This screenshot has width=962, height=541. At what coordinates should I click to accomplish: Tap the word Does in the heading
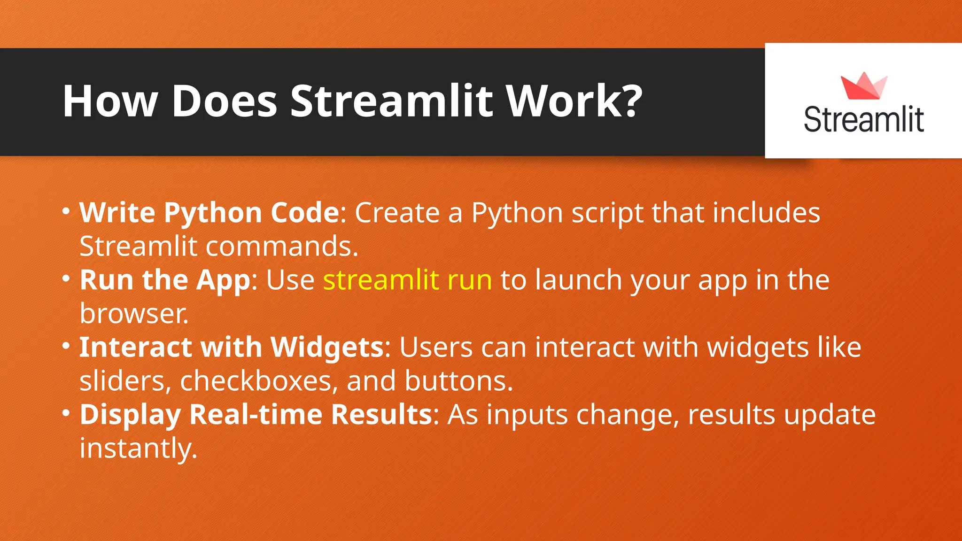[225, 101]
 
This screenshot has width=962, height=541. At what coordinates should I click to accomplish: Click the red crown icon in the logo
[864, 86]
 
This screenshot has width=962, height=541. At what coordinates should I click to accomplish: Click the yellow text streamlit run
[407, 280]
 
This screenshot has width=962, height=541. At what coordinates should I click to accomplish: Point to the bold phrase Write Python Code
[209, 213]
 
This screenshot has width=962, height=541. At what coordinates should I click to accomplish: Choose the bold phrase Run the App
[165, 280]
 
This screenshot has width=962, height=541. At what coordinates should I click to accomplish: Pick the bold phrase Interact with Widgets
[232, 348]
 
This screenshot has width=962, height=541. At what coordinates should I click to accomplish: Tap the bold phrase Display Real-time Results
[256, 415]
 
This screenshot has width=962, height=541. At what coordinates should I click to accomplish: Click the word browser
[134, 314]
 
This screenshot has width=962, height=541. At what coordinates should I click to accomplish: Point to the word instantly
[138, 448]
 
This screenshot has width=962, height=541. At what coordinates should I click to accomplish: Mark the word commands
[282, 247]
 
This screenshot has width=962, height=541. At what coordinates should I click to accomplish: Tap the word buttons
[458, 381]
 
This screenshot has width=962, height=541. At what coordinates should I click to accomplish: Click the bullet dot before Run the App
[66, 278]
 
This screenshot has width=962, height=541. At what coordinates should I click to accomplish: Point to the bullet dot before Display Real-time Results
[66, 413]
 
